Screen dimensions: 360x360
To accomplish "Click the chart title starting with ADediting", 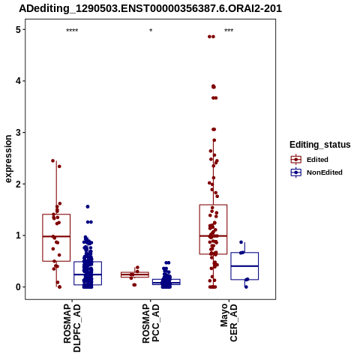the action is coord(150,8).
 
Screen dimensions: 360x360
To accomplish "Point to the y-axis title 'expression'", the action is coord(8,159).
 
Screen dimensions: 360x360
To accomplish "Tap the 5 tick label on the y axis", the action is coord(18,30).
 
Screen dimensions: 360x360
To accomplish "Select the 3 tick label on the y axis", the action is coord(18,133).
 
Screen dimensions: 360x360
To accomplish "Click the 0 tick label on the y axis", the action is coord(18,287).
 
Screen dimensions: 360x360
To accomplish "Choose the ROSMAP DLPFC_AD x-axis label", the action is coord(72,328).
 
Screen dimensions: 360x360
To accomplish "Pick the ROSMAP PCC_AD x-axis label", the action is coord(151,323).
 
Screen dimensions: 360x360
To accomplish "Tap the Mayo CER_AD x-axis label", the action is coord(229,322).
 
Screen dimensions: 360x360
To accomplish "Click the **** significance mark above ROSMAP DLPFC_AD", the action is coord(72,31).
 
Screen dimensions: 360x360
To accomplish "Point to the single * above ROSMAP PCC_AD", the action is coord(151,31).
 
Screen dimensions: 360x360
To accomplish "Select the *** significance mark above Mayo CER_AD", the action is coord(229,31).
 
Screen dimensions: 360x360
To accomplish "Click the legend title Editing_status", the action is coord(320,145).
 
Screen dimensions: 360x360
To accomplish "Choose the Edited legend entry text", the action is coord(317,160).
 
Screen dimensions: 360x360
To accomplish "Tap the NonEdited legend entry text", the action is coord(325,172).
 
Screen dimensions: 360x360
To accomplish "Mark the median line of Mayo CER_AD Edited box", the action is coord(213,235).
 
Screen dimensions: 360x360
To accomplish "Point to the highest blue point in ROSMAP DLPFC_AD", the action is coord(88,206).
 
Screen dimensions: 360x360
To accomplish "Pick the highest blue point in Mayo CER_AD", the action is coord(241,242).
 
